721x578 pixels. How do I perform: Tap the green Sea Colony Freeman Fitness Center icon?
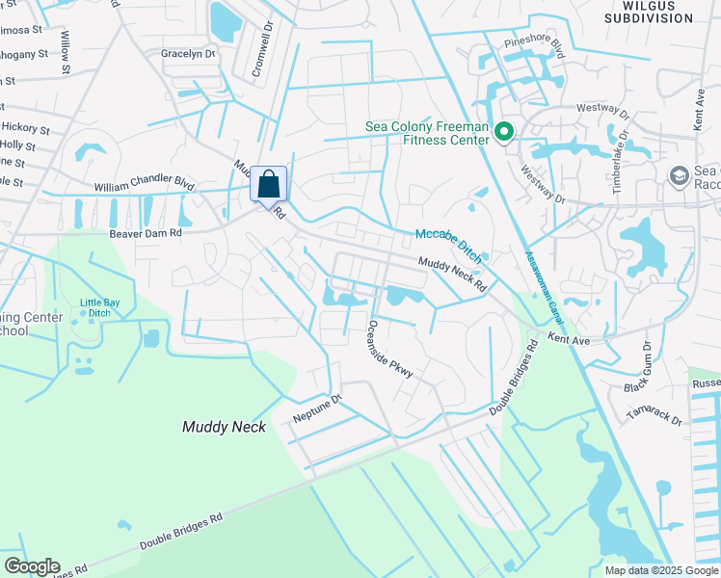pos(502,132)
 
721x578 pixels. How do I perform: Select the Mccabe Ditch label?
pos(449,246)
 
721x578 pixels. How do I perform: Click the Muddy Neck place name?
pos(224,426)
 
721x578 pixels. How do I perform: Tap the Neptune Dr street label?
pos(318,408)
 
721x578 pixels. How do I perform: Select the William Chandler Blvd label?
pos(145,182)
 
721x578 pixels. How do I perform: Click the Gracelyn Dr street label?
pos(188,54)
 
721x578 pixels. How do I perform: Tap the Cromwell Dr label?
pos(264,41)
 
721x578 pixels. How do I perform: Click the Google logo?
pos(31,566)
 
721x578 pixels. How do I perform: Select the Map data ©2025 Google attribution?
pos(660,570)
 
